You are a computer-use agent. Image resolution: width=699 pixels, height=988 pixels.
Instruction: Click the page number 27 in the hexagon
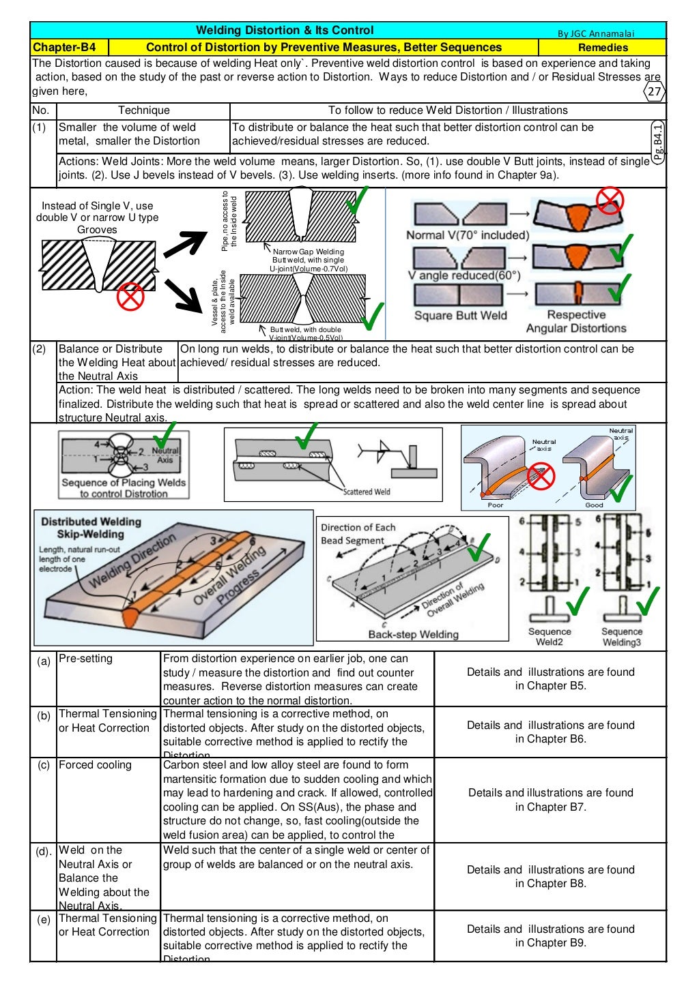tap(654, 92)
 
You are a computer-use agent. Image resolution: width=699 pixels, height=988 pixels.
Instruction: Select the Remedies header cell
tap(602, 47)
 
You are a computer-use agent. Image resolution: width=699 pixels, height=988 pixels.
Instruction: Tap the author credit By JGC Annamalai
tap(595, 33)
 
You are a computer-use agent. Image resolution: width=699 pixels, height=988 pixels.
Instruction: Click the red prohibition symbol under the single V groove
tap(130, 296)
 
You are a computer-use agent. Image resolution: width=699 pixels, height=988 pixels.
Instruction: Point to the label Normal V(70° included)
tap(468, 235)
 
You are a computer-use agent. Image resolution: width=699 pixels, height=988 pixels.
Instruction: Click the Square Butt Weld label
tap(461, 315)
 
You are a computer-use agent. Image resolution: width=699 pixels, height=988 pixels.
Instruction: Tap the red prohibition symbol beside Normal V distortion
tap(610, 200)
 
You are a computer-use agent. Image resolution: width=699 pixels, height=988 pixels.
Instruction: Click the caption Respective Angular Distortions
tap(576, 321)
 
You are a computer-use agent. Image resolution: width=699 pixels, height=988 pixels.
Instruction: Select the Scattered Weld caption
tap(367, 492)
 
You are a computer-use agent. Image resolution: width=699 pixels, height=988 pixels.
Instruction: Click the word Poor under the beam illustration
tap(496, 505)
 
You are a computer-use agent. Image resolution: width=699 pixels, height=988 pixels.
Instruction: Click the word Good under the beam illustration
tap(594, 505)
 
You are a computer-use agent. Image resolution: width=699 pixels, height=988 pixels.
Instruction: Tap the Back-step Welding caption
tap(413, 634)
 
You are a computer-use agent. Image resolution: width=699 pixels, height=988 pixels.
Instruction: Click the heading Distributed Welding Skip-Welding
tap(90, 528)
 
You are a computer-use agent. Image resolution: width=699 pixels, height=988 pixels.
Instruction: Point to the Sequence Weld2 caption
tap(550, 637)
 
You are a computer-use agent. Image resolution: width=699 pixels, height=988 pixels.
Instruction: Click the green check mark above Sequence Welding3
tap(646, 601)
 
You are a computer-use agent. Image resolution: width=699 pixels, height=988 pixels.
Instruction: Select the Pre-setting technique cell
tap(85, 659)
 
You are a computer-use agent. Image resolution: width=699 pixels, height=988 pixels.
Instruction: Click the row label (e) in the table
tap(44, 920)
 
